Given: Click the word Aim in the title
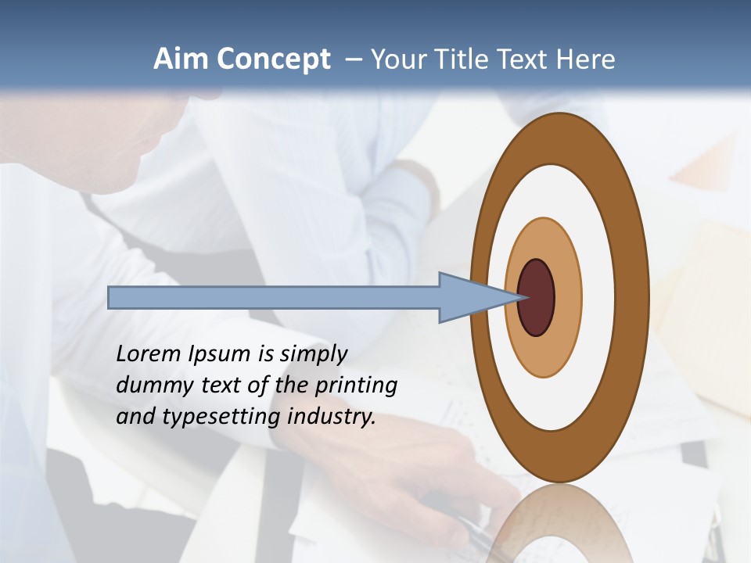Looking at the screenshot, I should click(181, 59).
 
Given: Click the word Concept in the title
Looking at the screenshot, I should click(273, 60).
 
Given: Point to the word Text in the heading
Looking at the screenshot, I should click(524, 60).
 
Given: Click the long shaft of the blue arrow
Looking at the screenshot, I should click(274, 298).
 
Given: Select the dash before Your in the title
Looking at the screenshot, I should click(352, 60).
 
